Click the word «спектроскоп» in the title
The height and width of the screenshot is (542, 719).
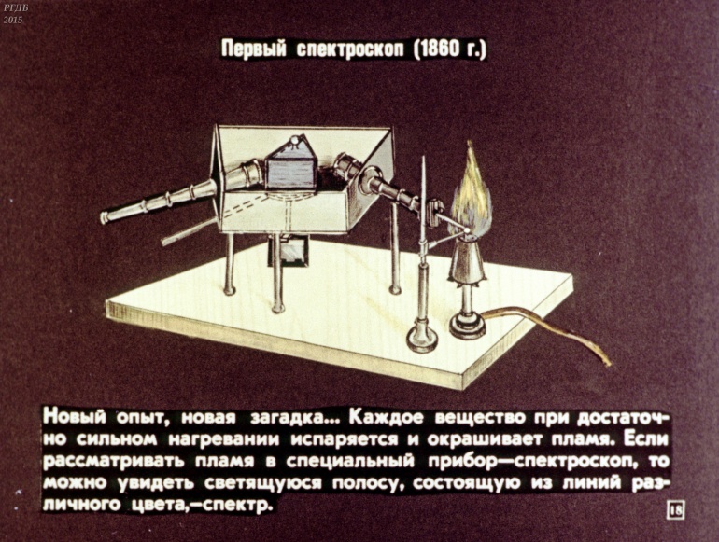[x=350, y=49]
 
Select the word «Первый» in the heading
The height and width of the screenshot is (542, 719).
[x=254, y=49]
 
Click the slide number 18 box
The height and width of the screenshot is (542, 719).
[x=676, y=510]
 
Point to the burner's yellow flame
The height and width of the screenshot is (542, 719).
[x=472, y=192]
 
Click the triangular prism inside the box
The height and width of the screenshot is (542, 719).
[x=290, y=165]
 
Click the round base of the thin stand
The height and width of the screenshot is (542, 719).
[x=422, y=340]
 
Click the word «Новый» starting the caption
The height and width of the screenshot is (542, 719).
[x=75, y=417]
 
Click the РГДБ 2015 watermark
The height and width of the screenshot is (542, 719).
[x=13, y=14]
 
